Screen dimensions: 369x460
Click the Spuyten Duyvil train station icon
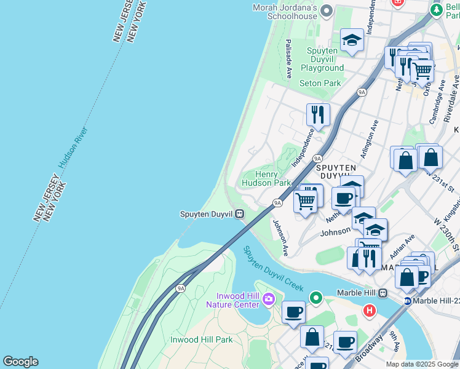(239, 214)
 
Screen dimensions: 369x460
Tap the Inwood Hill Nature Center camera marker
(268, 300)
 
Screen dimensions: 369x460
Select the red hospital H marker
(369, 310)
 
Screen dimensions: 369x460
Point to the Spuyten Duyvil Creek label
(274, 269)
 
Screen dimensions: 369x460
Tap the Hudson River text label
(74, 148)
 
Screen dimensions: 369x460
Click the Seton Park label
(320, 83)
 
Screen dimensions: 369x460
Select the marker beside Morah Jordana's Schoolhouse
(327, 11)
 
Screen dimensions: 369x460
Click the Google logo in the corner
(20, 362)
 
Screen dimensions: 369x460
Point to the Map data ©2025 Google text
(421, 364)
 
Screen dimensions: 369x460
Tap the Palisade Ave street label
(288, 59)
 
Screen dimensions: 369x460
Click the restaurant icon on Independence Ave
(318, 114)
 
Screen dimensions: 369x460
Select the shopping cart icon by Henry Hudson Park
(305, 200)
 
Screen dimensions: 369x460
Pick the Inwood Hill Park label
(201, 339)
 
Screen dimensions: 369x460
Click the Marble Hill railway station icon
(383, 293)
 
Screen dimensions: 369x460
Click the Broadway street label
(369, 348)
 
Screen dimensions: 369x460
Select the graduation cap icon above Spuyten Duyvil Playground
(352, 40)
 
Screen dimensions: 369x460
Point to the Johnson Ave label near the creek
(280, 238)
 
